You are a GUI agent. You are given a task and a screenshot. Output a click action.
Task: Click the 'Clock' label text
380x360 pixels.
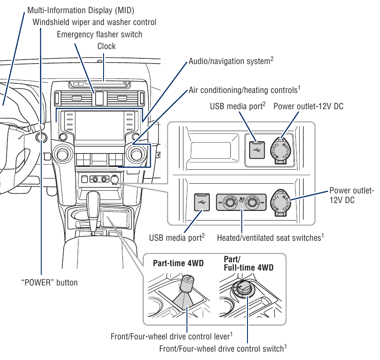point(106,46)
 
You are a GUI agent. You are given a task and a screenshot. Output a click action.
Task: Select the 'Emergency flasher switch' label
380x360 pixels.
point(99,34)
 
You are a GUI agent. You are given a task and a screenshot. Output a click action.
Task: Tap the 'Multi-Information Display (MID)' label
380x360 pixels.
point(81,10)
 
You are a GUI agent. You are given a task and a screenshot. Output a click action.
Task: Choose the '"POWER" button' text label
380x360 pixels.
point(49,282)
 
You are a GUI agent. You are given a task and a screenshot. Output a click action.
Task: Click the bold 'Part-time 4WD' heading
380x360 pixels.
point(178,263)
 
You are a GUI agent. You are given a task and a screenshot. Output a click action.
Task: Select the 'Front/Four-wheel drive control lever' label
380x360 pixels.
point(171,336)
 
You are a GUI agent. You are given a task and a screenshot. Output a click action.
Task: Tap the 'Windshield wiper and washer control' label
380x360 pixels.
point(94,22)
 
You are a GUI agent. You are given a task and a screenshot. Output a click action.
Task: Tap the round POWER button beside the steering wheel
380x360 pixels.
point(42,137)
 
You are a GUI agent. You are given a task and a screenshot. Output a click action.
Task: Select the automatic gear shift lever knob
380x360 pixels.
point(93,202)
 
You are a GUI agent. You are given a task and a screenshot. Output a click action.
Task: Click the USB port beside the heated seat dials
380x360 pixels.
point(202,203)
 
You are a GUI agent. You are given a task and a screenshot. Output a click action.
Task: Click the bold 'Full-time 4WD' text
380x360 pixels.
point(248,267)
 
